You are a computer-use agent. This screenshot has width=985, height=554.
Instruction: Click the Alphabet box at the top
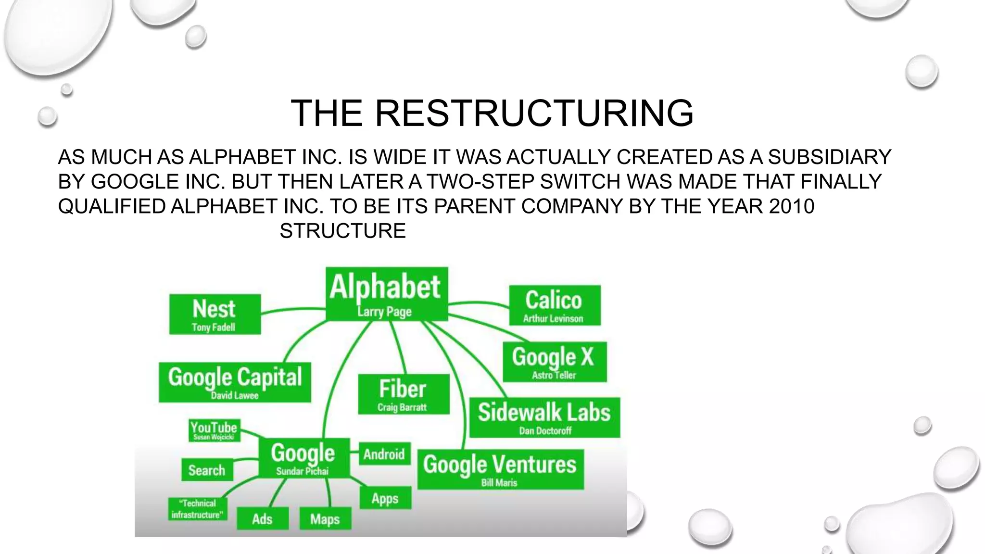click(x=387, y=294)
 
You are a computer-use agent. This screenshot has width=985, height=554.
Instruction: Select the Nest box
click(x=215, y=315)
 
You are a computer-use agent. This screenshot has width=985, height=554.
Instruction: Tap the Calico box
click(x=555, y=305)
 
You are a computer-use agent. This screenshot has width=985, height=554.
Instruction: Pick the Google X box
click(x=555, y=362)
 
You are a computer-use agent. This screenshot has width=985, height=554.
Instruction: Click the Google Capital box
click(x=235, y=382)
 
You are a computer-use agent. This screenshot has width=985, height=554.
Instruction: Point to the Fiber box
click(x=404, y=394)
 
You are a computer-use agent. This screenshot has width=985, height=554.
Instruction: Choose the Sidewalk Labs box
click(x=544, y=417)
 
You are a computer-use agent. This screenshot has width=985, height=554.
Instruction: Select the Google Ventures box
click(x=500, y=469)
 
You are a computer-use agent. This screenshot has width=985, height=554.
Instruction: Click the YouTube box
click(x=214, y=430)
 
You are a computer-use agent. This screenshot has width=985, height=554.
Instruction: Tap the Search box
click(x=207, y=470)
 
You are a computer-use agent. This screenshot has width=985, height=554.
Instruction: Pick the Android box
click(x=384, y=454)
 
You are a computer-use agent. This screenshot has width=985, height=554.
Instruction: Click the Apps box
click(x=385, y=498)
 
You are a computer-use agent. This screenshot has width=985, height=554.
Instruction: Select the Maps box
click(x=325, y=519)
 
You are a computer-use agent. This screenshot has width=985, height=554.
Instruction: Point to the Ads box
click(x=263, y=519)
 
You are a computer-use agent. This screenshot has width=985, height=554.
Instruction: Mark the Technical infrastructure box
click(x=197, y=509)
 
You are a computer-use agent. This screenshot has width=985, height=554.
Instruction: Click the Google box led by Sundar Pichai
click(x=303, y=458)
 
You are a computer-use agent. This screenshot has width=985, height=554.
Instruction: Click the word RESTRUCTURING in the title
click(x=534, y=113)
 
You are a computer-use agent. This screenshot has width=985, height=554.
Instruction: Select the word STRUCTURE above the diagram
click(x=342, y=231)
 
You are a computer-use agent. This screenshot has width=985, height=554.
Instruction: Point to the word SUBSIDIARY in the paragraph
click(x=830, y=157)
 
